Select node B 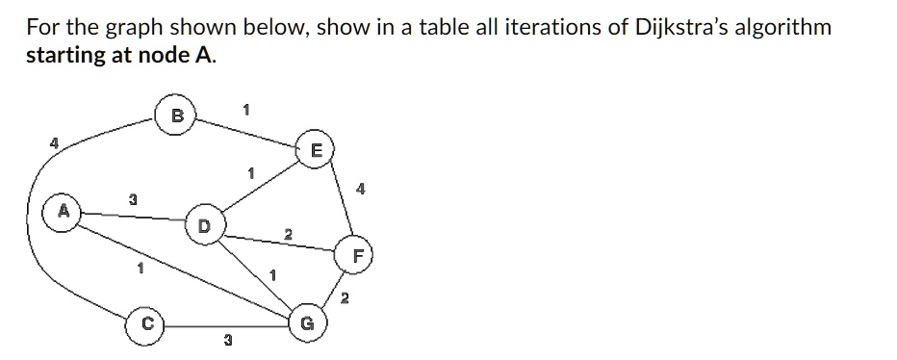click(x=176, y=116)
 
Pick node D click(x=202, y=227)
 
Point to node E click(x=315, y=149)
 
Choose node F click(x=359, y=256)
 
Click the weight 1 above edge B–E click(x=246, y=110)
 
